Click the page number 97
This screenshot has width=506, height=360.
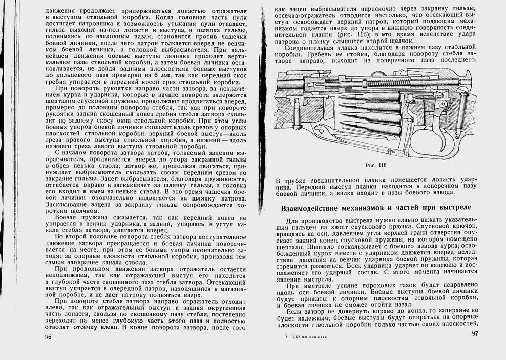point(474,333)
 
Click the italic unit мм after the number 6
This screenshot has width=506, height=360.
point(162,74)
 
